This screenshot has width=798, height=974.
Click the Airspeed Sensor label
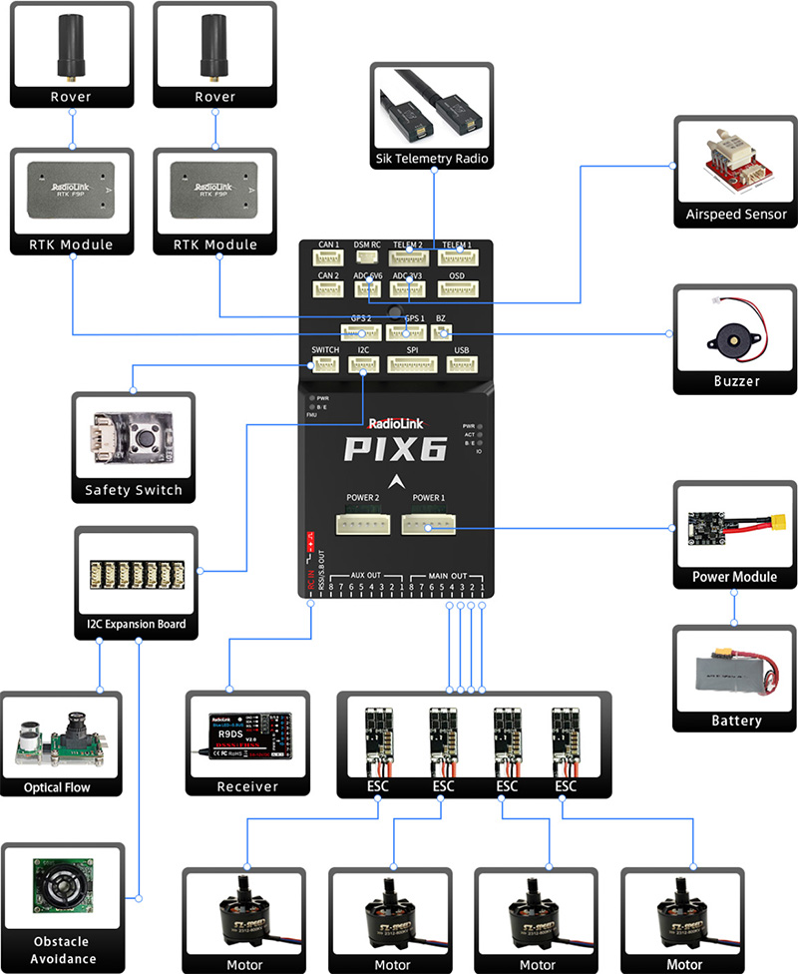coord(736,215)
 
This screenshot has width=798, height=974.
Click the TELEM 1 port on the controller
coord(458,258)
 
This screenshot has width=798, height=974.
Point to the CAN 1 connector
coord(329,258)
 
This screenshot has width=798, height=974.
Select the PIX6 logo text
coord(395,449)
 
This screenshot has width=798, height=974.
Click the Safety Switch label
coord(134,490)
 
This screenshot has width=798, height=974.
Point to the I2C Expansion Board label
coord(137,625)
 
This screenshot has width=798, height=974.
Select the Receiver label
coord(247,786)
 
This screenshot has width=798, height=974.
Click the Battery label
coord(736,721)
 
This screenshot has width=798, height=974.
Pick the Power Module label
coord(735,578)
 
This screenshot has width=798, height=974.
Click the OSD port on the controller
coord(458,288)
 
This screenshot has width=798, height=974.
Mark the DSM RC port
coord(368,258)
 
